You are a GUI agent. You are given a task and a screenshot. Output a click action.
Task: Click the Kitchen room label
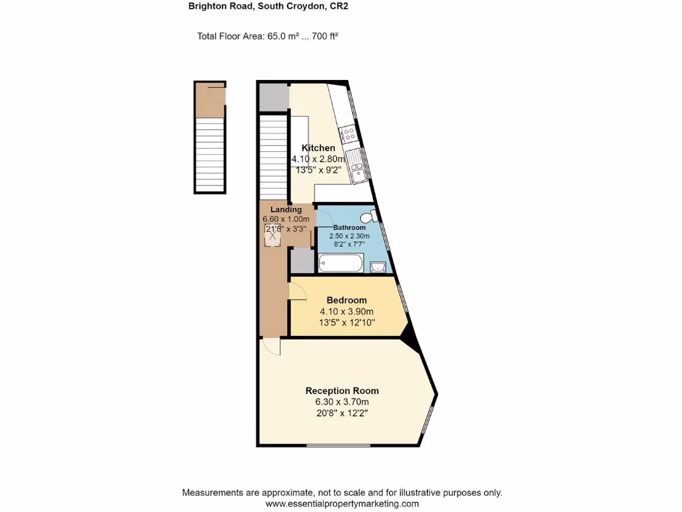click(x=318, y=148)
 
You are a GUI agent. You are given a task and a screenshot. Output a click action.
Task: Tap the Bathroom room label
click(x=350, y=227)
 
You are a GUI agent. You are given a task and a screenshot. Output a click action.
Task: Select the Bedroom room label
click(x=346, y=300)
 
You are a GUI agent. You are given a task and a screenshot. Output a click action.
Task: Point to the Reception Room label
click(x=342, y=391)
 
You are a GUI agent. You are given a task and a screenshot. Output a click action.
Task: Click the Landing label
click(x=286, y=209)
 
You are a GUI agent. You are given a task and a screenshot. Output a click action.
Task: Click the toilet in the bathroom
click(x=368, y=217)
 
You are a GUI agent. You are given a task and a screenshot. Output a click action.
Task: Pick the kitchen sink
click(x=358, y=166)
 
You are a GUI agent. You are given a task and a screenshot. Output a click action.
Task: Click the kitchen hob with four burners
click(x=348, y=137)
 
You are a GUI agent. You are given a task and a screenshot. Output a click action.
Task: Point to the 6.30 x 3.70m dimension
click(x=342, y=402)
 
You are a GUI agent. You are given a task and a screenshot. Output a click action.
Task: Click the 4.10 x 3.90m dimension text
click(x=346, y=311)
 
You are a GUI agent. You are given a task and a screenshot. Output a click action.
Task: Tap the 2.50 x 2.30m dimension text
click(x=350, y=236)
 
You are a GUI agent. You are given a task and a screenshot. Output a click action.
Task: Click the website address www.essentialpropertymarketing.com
click(x=342, y=504)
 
